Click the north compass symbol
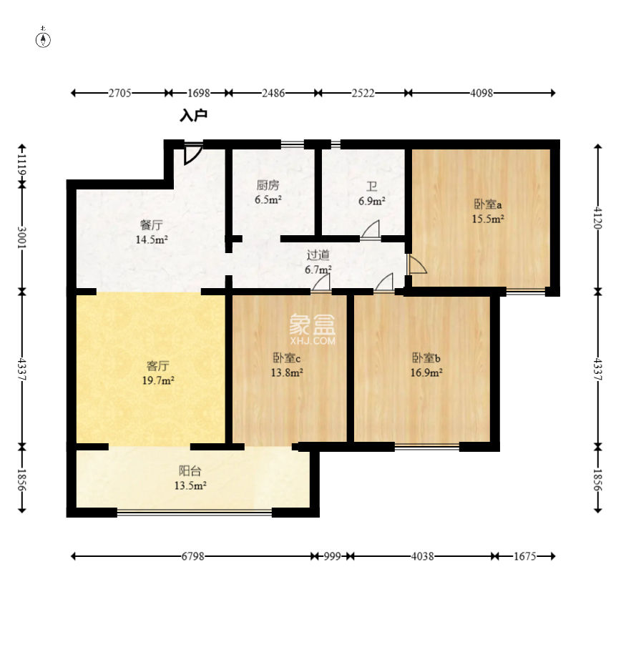pyautogui.click(x=43, y=38)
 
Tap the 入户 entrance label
pyautogui.click(x=194, y=115)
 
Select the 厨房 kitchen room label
pyautogui.click(x=268, y=184)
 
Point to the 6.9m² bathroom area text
pyautogui.click(x=371, y=201)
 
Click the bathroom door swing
pyautogui.click(x=371, y=230)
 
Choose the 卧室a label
pyautogui.click(x=488, y=204)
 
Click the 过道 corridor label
pyautogui.click(x=318, y=255)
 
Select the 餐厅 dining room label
pyautogui.click(x=152, y=225)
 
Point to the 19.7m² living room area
pyautogui.click(x=158, y=380)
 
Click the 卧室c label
pyautogui.click(x=287, y=358)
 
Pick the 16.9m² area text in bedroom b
pyautogui.click(x=426, y=372)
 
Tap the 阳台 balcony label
pyautogui.click(x=190, y=471)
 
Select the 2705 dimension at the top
pyautogui.click(x=120, y=93)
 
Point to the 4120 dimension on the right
pyautogui.click(x=598, y=218)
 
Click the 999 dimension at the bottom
pyautogui.click(x=332, y=556)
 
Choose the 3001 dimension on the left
pyautogui.click(x=21, y=237)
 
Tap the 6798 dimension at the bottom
pyautogui.click(x=193, y=556)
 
